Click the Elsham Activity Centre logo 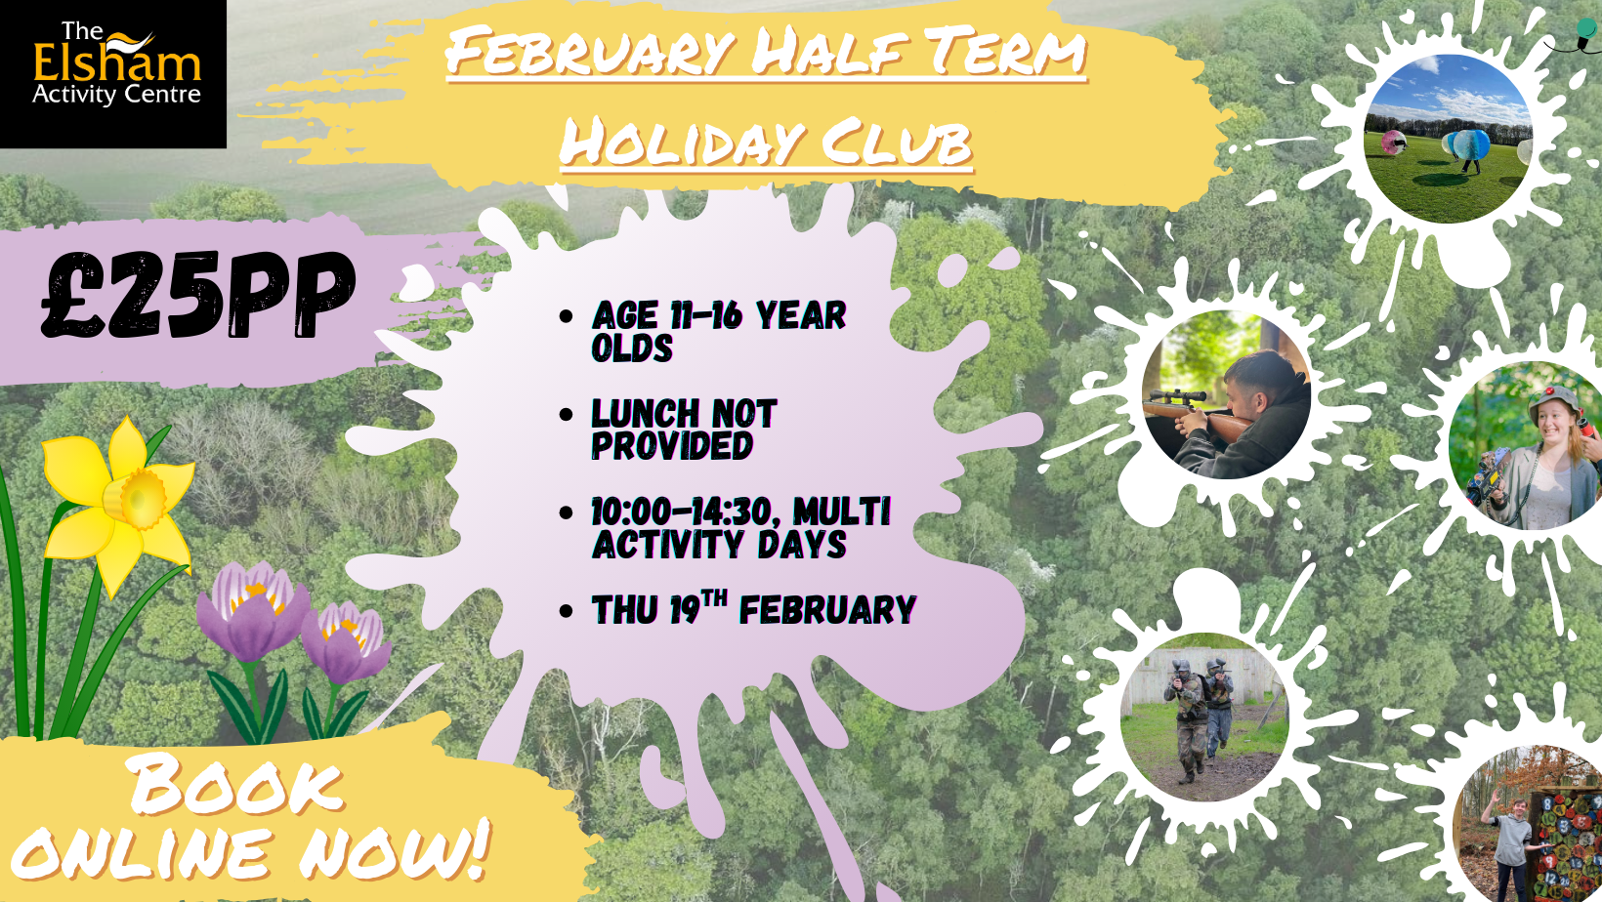point(113,73)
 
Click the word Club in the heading point(897,143)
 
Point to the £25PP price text point(198,295)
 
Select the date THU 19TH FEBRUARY point(754,608)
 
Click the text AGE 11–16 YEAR point(719,315)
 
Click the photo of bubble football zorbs point(1448,139)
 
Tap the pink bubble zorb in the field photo point(1393,142)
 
